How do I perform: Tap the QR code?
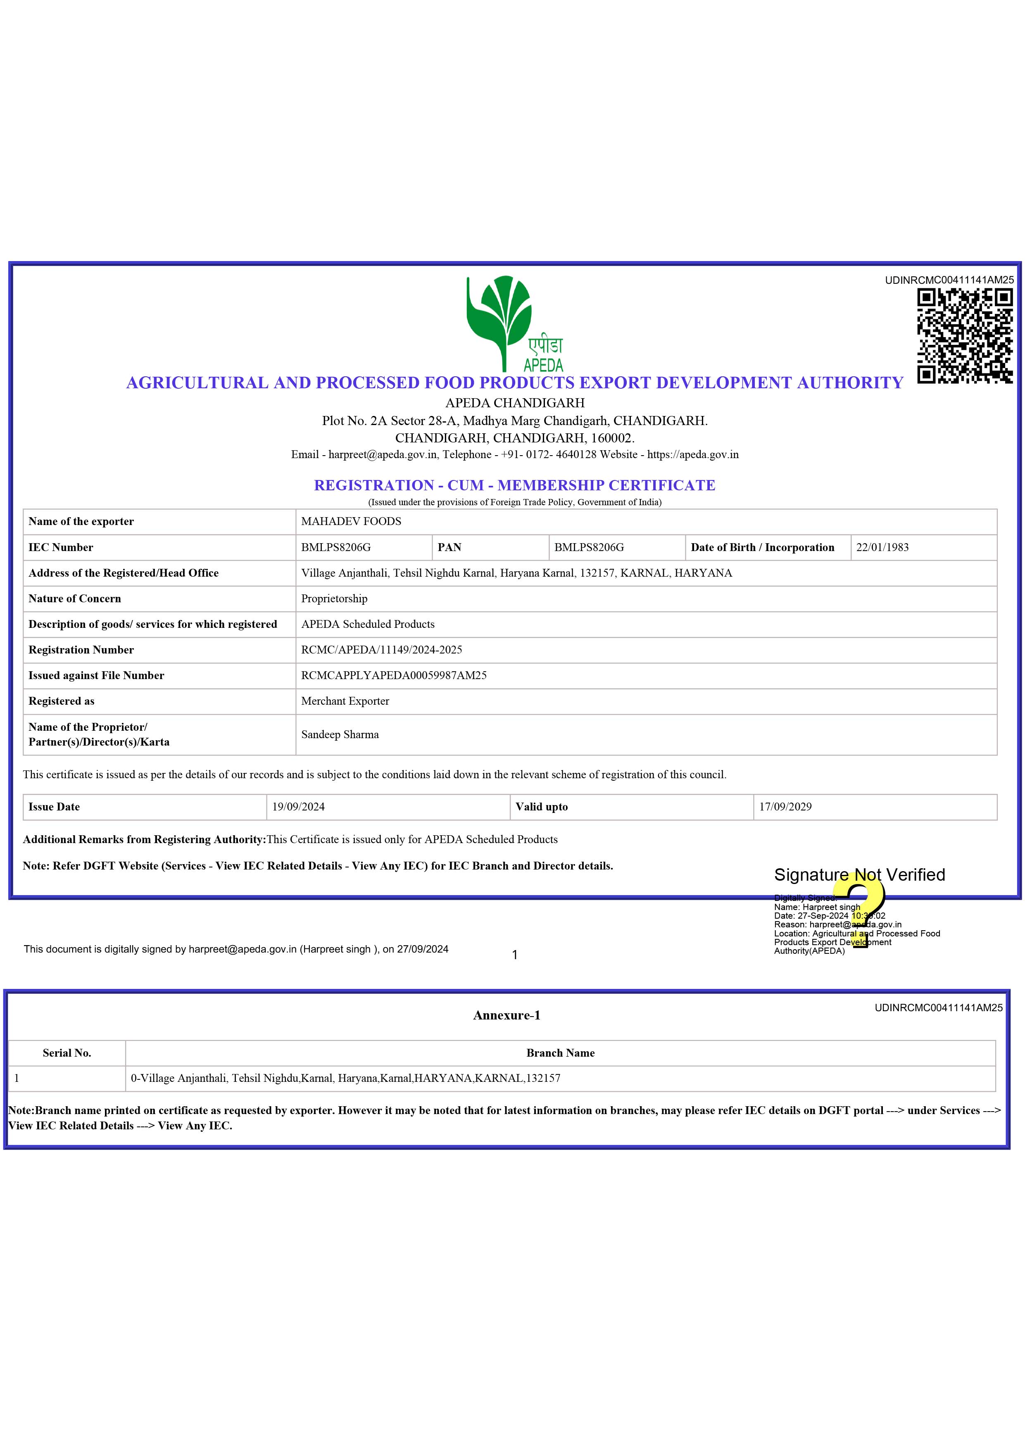pos(964,336)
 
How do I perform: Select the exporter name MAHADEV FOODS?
pos(351,521)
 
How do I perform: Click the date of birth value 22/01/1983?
pos(882,547)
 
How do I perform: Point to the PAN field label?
pos(449,547)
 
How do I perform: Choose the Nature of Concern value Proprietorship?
pos(334,598)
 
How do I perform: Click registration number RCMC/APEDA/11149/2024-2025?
pos(381,649)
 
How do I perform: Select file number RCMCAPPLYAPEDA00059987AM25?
pos(394,675)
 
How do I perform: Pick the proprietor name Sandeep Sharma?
pos(340,734)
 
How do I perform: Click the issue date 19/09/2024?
pos(299,806)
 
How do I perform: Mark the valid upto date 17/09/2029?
pos(785,806)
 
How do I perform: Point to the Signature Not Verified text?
pos(859,874)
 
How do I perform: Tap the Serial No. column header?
pos(67,1053)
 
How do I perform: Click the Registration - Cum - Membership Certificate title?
pos(514,485)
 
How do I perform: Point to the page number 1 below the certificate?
pos(514,955)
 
